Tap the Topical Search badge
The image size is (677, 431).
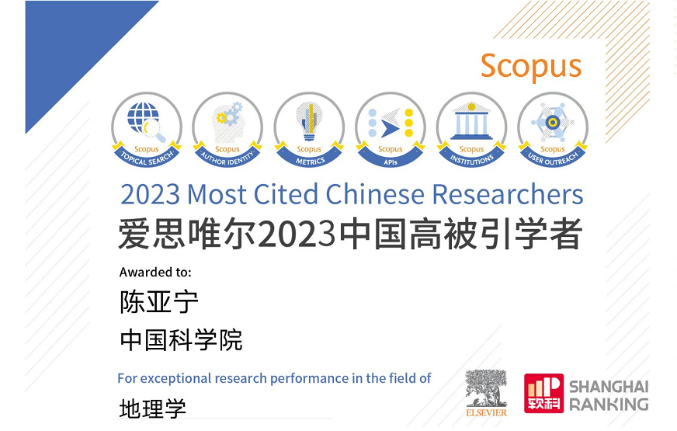(147, 130)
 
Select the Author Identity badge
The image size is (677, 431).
(227, 130)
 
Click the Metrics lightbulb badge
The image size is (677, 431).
(309, 130)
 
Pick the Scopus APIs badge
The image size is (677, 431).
(391, 130)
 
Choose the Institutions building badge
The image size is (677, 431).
(471, 130)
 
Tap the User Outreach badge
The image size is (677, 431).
(553, 130)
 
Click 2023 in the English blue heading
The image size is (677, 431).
(151, 194)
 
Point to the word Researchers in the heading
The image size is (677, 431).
(508, 194)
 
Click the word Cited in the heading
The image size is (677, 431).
(286, 194)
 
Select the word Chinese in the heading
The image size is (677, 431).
(375, 194)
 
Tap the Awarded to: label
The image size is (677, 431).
(155, 272)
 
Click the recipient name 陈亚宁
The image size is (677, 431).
(159, 301)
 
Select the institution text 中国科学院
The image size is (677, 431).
(182, 340)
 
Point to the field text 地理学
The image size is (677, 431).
(152, 408)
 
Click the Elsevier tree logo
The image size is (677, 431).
(486, 393)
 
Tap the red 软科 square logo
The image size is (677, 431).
(544, 393)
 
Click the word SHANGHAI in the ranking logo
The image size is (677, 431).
(609, 387)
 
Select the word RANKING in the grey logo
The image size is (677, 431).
(609, 405)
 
